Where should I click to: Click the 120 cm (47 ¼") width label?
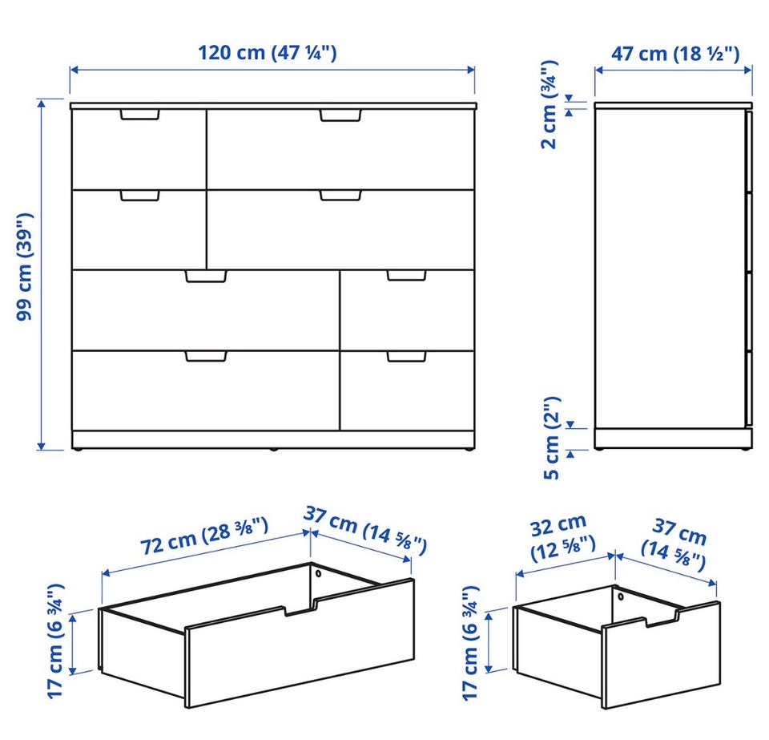[x=268, y=52]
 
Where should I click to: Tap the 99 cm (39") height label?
[x=25, y=267]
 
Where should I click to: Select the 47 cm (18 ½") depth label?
[x=674, y=54]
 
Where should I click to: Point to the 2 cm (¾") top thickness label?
[x=549, y=104]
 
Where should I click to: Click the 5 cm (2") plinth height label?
[x=552, y=438]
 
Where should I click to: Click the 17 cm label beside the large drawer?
[x=55, y=641]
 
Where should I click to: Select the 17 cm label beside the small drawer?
[x=470, y=643]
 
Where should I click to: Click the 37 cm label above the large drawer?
[x=365, y=531]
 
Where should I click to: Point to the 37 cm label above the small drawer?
[x=674, y=544]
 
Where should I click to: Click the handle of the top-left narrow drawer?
[x=139, y=115]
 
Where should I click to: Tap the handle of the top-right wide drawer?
[x=340, y=115]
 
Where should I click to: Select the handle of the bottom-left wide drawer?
[x=206, y=356]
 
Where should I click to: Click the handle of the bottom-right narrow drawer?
[x=407, y=357]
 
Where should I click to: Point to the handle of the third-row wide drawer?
[x=206, y=277]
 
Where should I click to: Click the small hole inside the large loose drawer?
[x=318, y=573]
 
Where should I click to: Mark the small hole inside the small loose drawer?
[x=620, y=596]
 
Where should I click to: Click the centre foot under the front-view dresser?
[x=273, y=448]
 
